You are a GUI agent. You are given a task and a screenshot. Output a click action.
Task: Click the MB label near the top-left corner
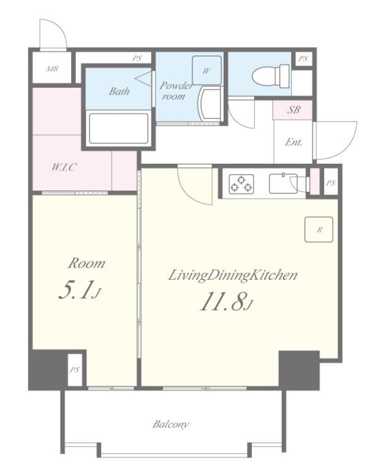52,69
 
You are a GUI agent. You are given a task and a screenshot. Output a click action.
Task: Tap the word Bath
119,91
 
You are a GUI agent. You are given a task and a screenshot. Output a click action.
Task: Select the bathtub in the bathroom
119,129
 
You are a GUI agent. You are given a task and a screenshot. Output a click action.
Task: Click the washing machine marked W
207,71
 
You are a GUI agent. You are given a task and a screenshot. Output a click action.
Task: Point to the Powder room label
176,90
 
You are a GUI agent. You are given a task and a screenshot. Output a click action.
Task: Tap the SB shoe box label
294,110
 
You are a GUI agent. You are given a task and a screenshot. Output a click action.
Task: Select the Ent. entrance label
294,142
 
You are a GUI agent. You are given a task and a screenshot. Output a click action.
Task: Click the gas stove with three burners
241,184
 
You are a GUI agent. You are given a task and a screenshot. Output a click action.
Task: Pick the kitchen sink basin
283,183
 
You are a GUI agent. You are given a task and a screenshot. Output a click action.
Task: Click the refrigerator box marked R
319,229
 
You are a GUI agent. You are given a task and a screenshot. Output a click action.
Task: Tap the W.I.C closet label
64,167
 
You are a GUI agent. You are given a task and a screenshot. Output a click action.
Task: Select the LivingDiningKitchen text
233,275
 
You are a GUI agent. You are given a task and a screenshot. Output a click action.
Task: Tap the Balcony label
170,424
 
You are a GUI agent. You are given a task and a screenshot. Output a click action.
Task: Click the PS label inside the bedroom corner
75,369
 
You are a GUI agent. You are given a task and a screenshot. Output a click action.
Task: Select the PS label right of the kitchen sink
331,182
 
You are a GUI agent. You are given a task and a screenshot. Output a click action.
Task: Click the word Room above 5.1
87,264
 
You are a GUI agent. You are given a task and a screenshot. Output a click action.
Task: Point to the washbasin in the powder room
209,104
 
